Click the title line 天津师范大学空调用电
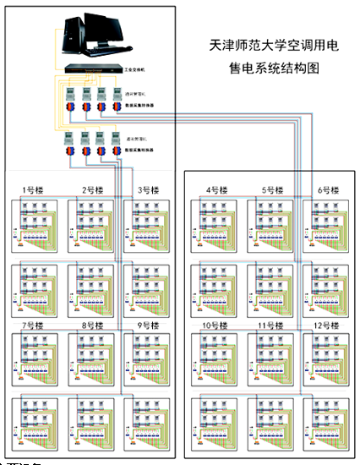pyautogui.click(x=268, y=48)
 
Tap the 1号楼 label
pyautogui.click(x=33, y=189)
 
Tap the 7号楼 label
pyautogui.click(x=33, y=325)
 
